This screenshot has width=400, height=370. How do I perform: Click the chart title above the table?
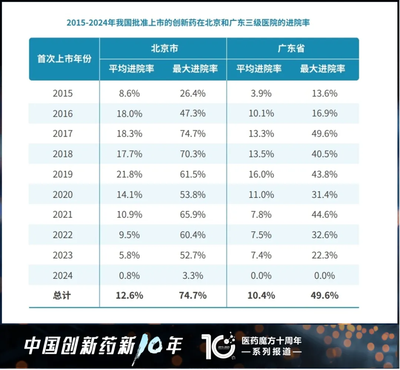click(188, 23)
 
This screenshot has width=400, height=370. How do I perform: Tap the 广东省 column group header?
click(292, 49)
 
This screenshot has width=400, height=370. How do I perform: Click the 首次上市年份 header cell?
click(64, 59)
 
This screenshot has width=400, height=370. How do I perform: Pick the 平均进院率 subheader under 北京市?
click(131, 69)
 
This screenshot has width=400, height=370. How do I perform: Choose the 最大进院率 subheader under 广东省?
click(323, 69)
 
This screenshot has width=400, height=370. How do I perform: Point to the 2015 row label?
click(63, 93)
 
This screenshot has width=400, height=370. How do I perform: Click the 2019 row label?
click(63, 174)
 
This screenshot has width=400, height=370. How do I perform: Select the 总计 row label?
click(62, 295)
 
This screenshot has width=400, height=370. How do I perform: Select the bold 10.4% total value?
click(261, 295)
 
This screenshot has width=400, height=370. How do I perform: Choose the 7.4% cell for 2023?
click(261, 255)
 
